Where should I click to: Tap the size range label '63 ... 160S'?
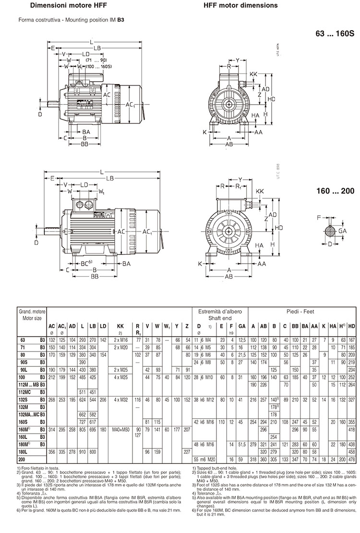pos(334,34)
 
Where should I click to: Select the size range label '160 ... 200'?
pos(335,191)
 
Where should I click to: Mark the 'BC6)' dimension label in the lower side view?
pos(86,263)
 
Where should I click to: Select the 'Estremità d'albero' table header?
pos(220,311)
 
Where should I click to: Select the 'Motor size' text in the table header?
pos(32,318)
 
